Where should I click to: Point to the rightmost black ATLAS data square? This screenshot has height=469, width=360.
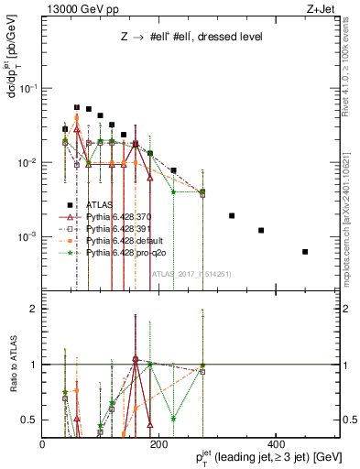click(x=305, y=252)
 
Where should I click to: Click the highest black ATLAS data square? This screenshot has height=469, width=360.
click(x=77, y=107)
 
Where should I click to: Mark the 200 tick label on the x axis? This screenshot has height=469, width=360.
click(x=158, y=443)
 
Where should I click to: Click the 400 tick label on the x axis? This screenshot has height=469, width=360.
click(x=273, y=443)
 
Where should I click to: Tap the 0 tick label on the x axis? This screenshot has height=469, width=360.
click(x=42, y=443)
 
